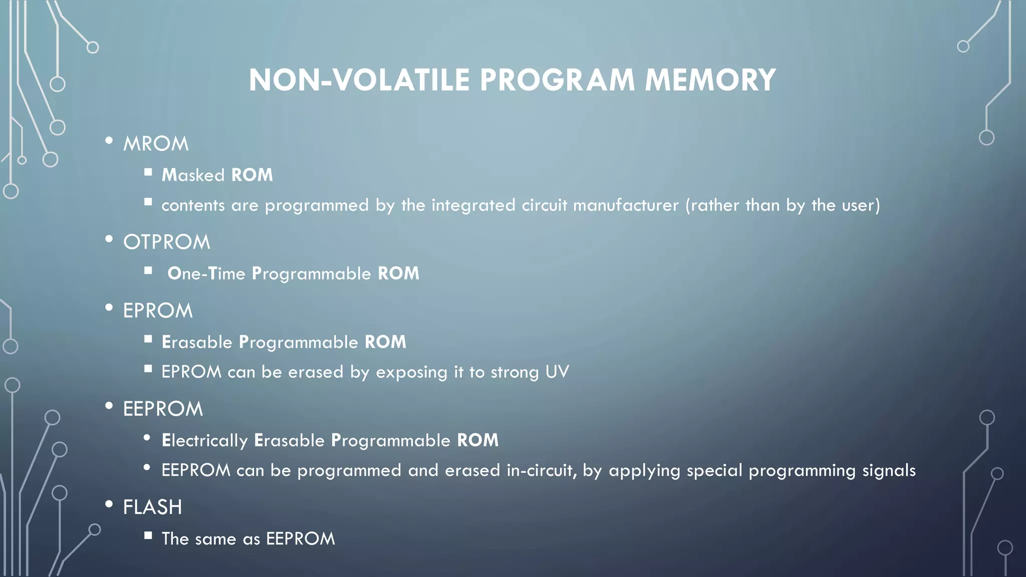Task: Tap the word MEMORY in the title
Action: pos(710,80)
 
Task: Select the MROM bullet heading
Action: pos(156,144)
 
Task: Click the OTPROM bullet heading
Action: pos(166,242)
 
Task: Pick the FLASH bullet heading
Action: pos(152,507)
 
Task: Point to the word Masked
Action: pos(193,175)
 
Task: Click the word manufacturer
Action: pos(626,205)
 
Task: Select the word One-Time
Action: pos(206,273)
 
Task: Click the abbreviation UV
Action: pos(557,372)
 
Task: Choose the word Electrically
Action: pos(204,441)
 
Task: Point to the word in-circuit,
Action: pos(541,471)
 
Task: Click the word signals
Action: pos(889,471)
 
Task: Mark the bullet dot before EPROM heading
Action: pos(109,308)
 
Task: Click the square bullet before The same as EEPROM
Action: pos(148,535)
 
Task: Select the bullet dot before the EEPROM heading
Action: pos(109,406)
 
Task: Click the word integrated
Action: pos(473,205)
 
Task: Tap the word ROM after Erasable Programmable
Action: pos(385,342)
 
